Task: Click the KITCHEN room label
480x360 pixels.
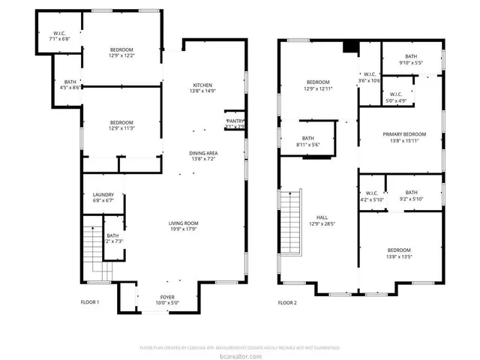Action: pos(204,85)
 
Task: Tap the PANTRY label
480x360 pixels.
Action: pos(235,120)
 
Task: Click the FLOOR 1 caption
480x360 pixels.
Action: pos(90,303)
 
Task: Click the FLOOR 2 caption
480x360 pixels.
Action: pos(287,303)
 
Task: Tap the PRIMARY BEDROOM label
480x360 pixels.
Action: pos(403,134)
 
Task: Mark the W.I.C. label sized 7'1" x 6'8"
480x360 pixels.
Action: pos(59,34)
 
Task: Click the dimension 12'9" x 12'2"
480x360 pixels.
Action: pos(121,55)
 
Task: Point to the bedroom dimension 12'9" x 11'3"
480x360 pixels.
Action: pos(121,128)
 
